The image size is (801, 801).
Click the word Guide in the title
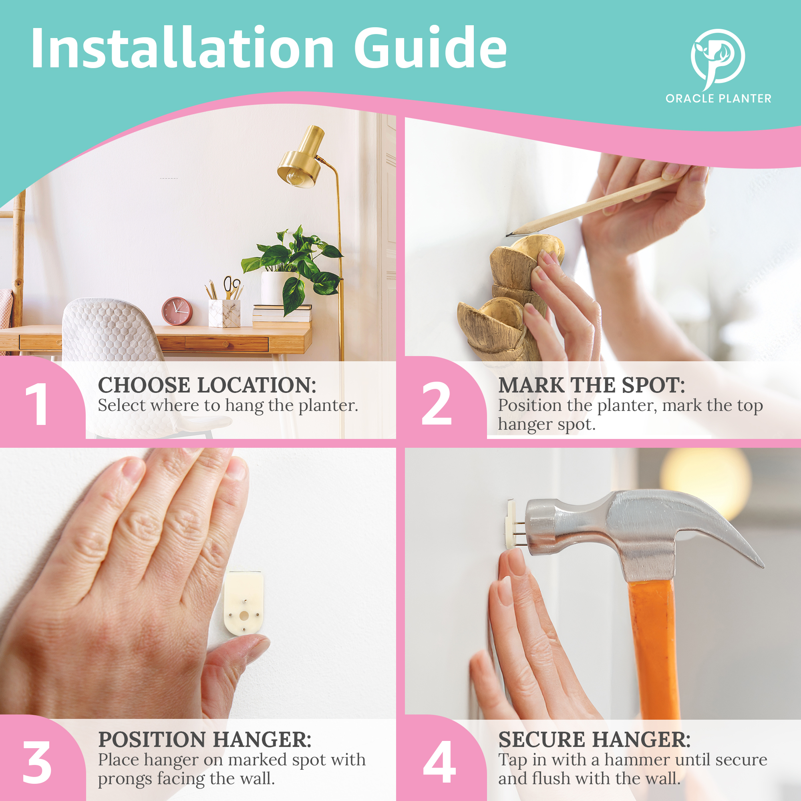431,47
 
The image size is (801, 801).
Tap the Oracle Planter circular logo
718,58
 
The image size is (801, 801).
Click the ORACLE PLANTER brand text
718,99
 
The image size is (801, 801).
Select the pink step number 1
36,404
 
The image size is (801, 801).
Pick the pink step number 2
436,403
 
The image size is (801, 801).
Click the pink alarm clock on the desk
177,311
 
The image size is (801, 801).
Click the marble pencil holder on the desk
224,313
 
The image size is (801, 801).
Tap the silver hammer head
634,529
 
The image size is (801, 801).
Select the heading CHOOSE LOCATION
207,385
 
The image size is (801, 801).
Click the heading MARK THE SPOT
591,385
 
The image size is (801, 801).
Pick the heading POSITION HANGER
204,739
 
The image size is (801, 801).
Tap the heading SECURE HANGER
594,739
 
